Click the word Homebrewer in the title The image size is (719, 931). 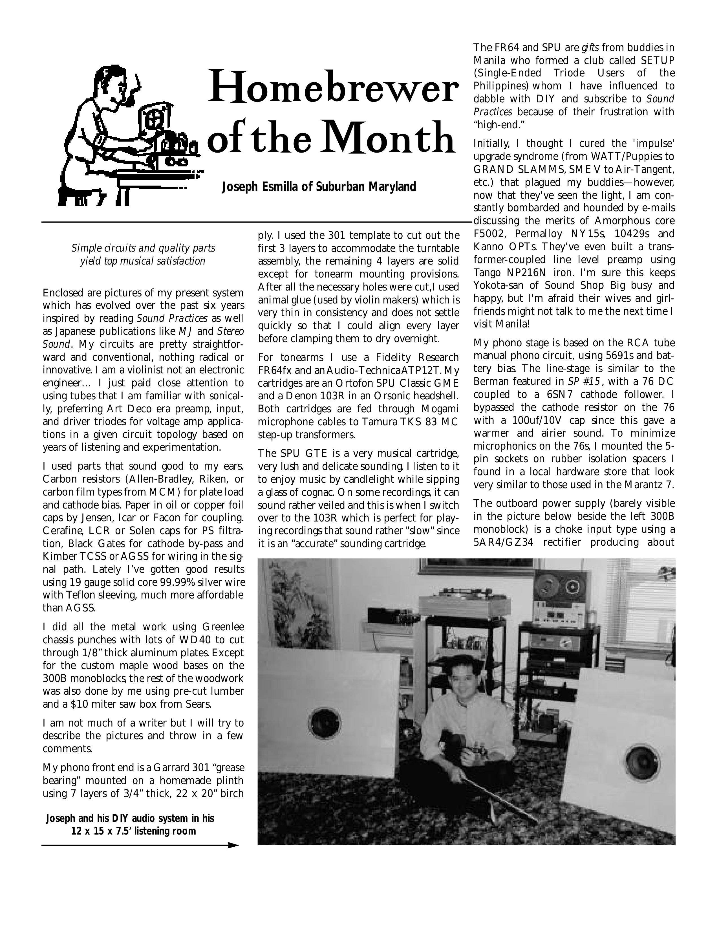(332, 87)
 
